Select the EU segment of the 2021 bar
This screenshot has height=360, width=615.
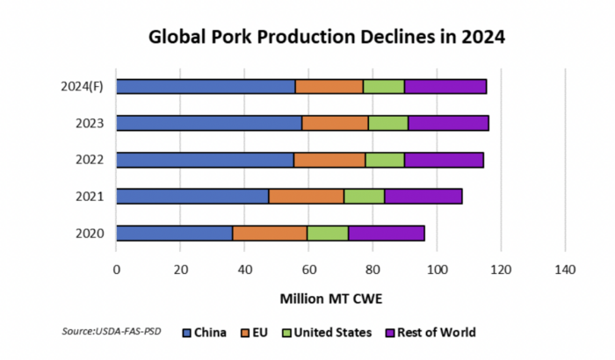tap(306, 196)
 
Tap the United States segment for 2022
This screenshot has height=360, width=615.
tap(385, 160)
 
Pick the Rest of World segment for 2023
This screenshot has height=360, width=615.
tap(448, 123)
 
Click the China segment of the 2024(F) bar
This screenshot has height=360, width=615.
tap(206, 86)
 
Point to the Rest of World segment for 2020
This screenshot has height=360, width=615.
tap(387, 233)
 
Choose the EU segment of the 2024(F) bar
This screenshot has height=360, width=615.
tap(329, 86)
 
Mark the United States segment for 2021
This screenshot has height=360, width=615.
tap(364, 196)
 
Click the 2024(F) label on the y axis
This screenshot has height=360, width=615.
tap(83, 86)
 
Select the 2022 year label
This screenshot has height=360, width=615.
tap(90, 160)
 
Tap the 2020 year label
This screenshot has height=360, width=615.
tap(90, 233)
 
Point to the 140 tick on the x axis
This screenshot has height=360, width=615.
tap(564, 270)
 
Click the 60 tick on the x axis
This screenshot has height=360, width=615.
tap(308, 270)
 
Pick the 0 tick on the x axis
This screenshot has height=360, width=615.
tap(116, 270)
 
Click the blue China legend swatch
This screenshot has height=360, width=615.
tap(186, 333)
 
